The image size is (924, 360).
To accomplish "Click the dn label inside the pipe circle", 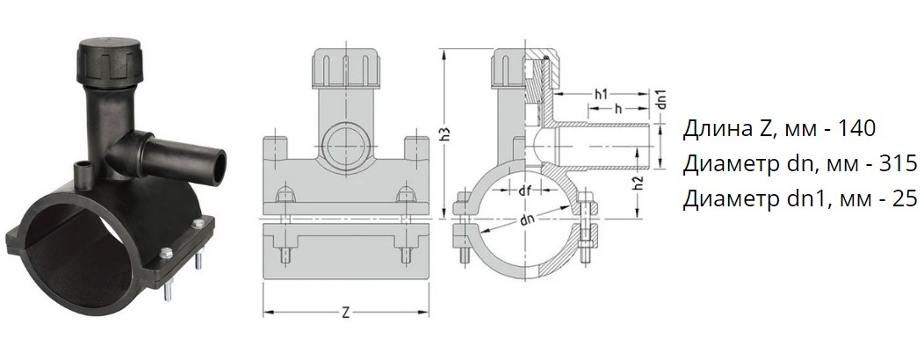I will pos(525,222).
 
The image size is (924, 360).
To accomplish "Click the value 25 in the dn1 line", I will pos(904,199).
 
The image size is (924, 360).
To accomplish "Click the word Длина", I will pos(711,129).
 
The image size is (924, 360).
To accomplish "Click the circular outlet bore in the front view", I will pos(345,140).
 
